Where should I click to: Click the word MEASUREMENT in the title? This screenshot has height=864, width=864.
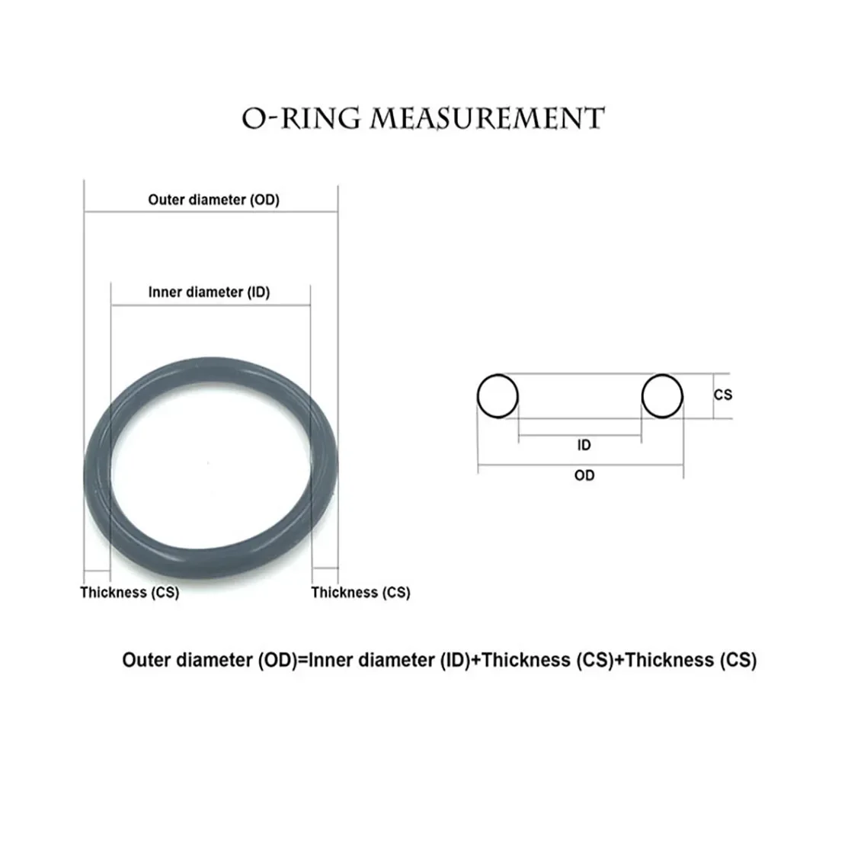[x=487, y=119]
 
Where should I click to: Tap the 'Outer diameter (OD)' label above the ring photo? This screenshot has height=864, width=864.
[x=213, y=200]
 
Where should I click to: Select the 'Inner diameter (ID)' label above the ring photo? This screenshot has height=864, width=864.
[x=209, y=292]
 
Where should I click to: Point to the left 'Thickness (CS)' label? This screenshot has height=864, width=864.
[x=130, y=592]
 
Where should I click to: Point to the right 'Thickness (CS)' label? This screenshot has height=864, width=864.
[x=360, y=592]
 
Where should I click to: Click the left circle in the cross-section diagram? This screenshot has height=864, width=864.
[x=498, y=396]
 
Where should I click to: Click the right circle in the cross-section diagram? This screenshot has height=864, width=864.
[x=661, y=396]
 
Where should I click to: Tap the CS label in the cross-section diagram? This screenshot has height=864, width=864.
[x=722, y=395]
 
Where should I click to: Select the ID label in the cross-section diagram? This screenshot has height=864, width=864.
[x=584, y=445]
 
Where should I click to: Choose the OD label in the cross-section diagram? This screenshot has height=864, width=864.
[x=584, y=475]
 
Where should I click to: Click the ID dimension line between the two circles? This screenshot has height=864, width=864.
[x=579, y=436]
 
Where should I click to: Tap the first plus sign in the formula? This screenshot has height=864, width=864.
[x=476, y=661]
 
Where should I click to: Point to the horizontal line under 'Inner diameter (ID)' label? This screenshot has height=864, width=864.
[x=210, y=305]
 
